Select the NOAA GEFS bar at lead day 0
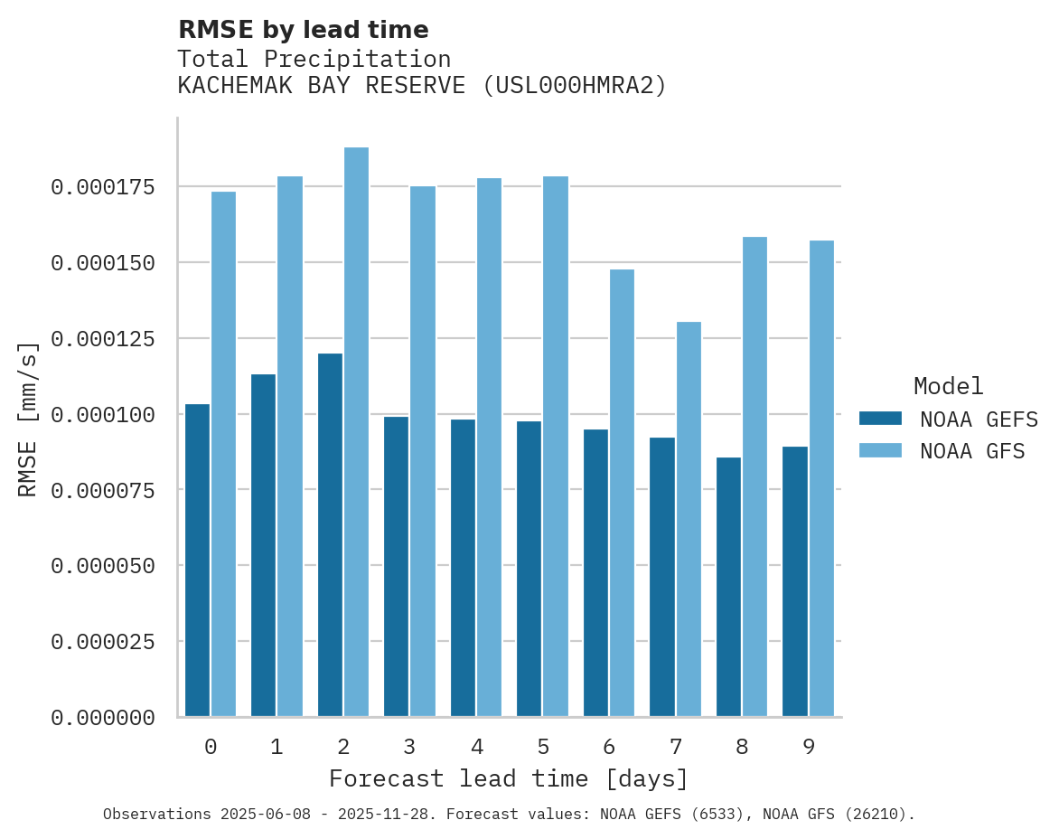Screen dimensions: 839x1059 [197, 561]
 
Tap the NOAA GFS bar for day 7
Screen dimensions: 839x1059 [689, 519]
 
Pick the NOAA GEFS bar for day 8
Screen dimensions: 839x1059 [728, 587]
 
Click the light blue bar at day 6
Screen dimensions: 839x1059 [622, 493]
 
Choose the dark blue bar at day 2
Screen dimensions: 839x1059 [330, 534]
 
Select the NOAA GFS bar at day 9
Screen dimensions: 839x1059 [821, 478]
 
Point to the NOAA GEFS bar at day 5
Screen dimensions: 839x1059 [529, 569]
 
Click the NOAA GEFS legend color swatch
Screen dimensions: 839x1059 [880, 419]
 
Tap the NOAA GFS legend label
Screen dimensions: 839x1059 [972, 450]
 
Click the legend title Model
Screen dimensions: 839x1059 [948, 387]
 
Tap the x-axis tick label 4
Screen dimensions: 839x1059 [476, 747]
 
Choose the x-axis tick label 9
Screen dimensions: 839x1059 [809, 747]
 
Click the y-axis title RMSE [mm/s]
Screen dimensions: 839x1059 [28, 419]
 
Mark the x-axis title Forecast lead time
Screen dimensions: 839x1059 [509, 778]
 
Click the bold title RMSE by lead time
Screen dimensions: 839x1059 [303, 30]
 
